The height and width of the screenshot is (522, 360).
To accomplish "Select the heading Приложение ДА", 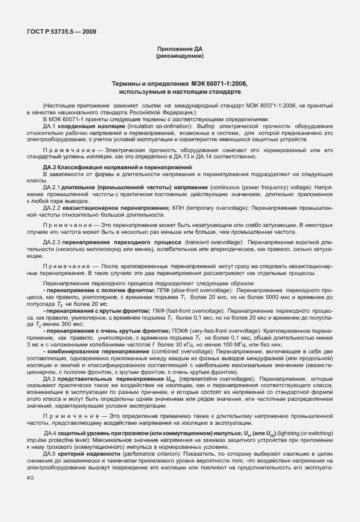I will click(179, 50).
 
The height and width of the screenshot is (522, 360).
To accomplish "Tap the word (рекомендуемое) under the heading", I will click(179, 57).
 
